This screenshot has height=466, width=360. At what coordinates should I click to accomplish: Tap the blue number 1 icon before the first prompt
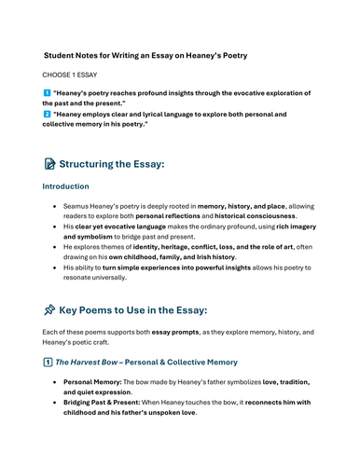click(48, 94)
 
